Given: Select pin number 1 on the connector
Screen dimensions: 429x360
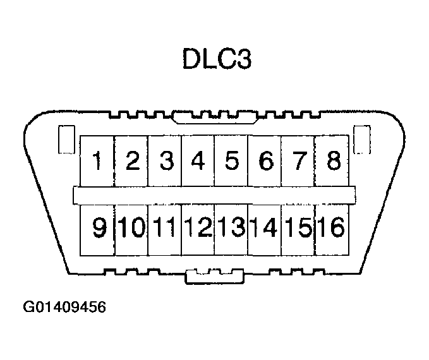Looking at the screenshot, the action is (x=97, y=161).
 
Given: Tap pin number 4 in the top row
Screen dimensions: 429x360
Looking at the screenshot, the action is (x=198, y=161).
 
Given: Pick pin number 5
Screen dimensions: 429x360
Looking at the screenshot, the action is (x=231, y=161).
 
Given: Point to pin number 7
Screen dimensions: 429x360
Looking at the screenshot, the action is (x=298, y=161).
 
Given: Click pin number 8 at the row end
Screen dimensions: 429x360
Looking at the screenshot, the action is (x=332, y=161).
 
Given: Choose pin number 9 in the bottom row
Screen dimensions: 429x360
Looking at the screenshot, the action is (x=99, y=227).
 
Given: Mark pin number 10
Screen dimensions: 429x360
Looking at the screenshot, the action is (x=131, y=227).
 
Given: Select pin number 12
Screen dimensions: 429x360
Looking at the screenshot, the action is (x=198, y=227).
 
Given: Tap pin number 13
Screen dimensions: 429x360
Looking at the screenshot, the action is (x=232, y=227).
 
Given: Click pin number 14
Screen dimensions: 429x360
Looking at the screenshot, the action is (x=265, y=227).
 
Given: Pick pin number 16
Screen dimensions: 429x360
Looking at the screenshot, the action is (x=332, y=227).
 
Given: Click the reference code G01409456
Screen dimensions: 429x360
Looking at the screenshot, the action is (x=64, y=308).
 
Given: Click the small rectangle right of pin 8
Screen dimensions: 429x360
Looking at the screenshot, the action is (x=361, y=140).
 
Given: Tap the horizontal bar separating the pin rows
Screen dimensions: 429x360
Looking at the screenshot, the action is (x=215, y=195).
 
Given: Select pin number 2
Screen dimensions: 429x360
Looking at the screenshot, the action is (x=131, y=161).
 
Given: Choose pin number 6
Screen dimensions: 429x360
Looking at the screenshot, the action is (x=265, y=161).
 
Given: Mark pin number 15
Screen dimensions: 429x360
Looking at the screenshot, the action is (x=298, y=227).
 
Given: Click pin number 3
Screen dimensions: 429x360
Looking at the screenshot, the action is (x=166, y=161).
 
